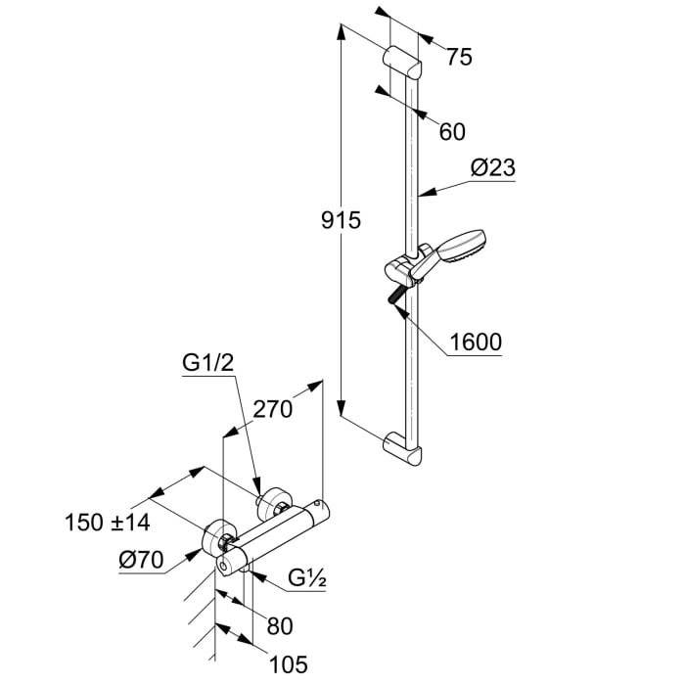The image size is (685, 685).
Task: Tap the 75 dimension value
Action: pos(458,58)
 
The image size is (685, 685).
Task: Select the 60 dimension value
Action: pos(451,131)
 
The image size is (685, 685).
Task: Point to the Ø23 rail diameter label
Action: pos(491,168)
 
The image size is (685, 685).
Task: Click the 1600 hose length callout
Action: pos(476,342)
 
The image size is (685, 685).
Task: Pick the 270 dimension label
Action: pos(273,409)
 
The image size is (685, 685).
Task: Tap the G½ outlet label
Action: pos(305,579)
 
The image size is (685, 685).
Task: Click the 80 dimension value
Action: pos(280,625)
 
